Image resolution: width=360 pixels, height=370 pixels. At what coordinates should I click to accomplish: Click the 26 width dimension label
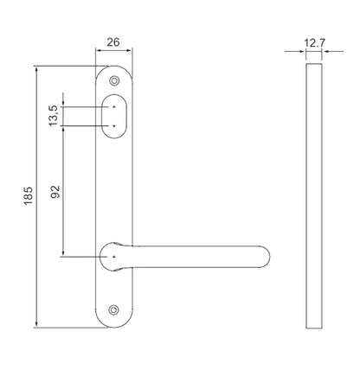pyautogui.click(x=113, y=42)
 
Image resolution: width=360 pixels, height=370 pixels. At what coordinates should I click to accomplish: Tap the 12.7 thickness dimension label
pyautogui.click(x=314, y=43)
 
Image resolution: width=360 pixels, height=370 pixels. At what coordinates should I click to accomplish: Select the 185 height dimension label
pyautogui.click(x=29, y=196)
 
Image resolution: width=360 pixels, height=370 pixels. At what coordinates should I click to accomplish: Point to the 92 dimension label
pyautogui.click(x=55, y=192)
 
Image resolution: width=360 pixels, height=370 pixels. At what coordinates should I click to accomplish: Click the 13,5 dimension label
pyautogui.click(x=54, y=116)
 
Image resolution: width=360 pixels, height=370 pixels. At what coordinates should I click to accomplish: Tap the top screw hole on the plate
pyautogui.click(x=114, y=80)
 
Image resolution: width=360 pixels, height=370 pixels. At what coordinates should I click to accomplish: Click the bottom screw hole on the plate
pyautogui.click(x=114, y=309)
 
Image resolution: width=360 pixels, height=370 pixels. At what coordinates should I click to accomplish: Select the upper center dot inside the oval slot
pyautogui.click(x=114, y=107)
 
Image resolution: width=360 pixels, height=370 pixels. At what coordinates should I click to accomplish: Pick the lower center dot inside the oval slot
pyautogui.click(x=114, y=126)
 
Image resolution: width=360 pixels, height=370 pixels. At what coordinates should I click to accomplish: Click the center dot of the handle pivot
pyautogui.click(x=114, y=257)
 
